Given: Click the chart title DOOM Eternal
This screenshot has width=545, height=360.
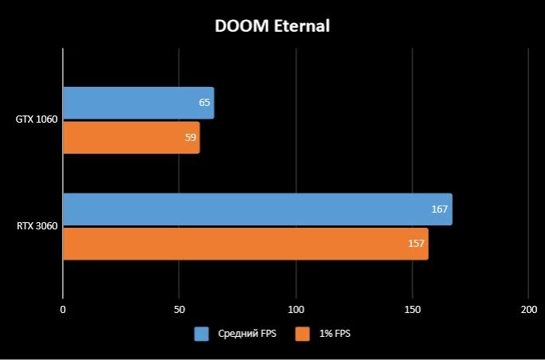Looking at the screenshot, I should point(272,26).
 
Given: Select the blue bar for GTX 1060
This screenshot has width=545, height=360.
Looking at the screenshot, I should point(138,103).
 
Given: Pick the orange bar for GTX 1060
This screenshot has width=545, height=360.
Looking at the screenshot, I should point(131,138).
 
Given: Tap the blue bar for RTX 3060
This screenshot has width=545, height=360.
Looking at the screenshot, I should point(257,209).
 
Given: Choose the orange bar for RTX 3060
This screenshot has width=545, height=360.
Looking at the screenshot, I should point(245,244).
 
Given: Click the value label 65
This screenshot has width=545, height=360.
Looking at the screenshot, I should point(205,103).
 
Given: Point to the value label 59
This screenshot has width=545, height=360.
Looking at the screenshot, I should point(190,138).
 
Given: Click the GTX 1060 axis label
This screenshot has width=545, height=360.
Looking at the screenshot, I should point(37,119).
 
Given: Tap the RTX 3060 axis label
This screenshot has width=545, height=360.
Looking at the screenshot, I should point(37,226).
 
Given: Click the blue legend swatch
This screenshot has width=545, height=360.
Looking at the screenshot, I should point(202,334).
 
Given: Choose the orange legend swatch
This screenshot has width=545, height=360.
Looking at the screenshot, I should point(302,334).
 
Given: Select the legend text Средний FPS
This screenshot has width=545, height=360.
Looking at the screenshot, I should point(247,334).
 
